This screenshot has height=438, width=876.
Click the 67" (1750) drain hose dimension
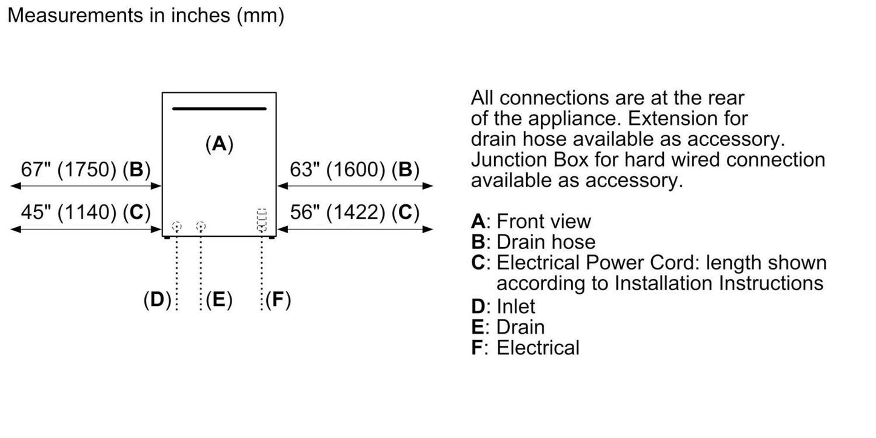tap(85, 170)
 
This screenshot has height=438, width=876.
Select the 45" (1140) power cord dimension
tap(85, 212)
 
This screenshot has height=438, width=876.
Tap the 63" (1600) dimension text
tap(355, 170)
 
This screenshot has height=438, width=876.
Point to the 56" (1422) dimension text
tap(355, 212)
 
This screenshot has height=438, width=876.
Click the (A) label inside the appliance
tap(219, 144)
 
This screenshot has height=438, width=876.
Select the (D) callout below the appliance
tap(157, 299)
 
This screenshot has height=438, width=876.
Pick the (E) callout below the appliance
tap(219, 299)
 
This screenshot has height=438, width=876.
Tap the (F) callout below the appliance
tap(278, 299)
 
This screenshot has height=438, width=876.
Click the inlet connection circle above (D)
tap(176, 227)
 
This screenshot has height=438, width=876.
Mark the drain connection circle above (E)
tap(201, 227)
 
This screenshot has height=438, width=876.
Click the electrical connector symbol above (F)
tap(262, 221)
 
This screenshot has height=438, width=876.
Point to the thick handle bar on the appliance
tap(219, 109)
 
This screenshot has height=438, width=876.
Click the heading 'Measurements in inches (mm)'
tap(145, 16)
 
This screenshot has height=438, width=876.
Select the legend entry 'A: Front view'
tap(530, 221)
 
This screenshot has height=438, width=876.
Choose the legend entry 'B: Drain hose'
tap(533, 242)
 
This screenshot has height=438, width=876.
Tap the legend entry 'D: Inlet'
tap(503, 306)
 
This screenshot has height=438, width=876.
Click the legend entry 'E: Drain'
tap(507, 327)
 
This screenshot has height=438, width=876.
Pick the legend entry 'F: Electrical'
tap(525, 348)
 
